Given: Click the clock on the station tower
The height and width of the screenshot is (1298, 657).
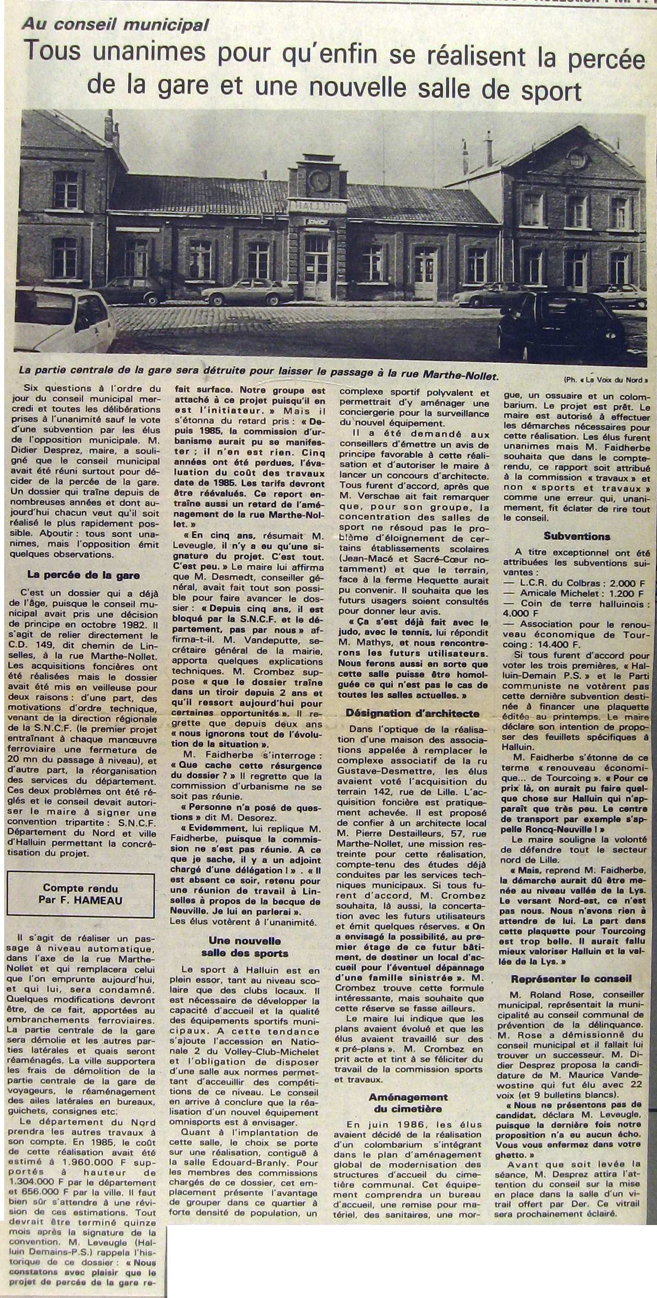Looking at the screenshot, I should click(x=319, y=180).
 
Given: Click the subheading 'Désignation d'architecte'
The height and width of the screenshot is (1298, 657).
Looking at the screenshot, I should click(x=409, y=713).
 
